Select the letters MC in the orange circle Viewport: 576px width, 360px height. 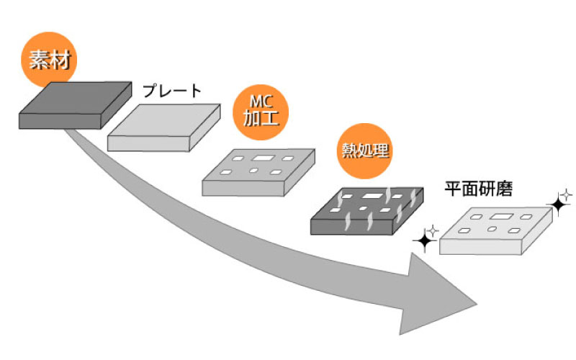pos(261,102)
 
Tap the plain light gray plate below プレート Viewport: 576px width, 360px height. pos(164,128)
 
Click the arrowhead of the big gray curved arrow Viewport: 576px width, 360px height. pos(446,295)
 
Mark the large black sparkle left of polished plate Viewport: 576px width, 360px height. pos(425,241)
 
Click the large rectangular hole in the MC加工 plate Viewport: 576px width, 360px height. pos(263,158)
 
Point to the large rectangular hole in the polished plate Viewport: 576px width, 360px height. pos(499,216)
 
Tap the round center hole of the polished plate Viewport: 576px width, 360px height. pos(492,229)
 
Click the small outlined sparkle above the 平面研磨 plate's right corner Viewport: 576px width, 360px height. pos(567,193)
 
